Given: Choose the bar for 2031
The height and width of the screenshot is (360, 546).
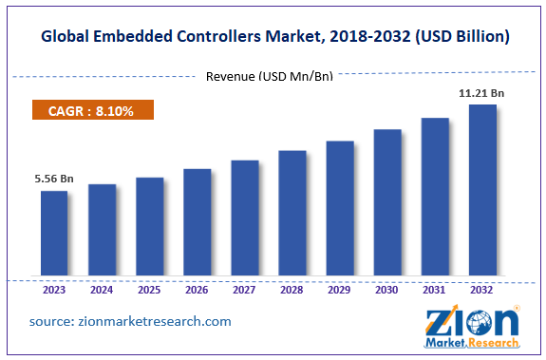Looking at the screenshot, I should pos(435,198).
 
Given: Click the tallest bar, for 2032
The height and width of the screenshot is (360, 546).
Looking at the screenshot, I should pos(482,191).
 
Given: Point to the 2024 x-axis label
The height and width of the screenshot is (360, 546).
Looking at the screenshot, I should pos(102,291).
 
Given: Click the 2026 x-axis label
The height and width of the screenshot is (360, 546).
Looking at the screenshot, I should pos(197,291).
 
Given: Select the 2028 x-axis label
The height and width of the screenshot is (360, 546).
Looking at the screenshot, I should pos(292,291).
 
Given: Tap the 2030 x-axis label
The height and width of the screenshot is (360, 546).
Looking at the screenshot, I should pos(387,291).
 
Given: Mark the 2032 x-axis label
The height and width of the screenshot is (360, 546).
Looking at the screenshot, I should pos(482,291).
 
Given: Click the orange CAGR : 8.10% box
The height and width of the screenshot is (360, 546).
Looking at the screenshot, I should pos(93,111).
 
